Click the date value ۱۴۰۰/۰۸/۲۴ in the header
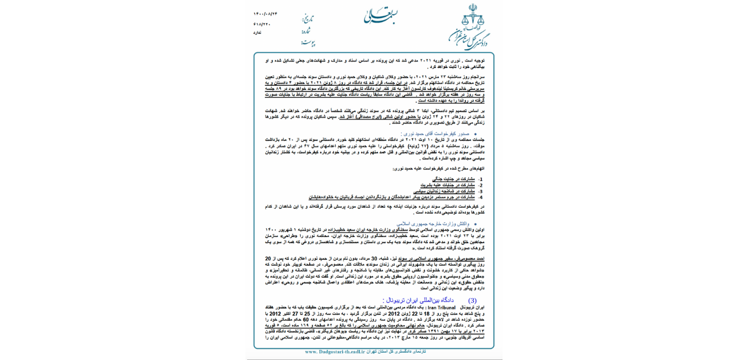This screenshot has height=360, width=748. pyautogui.click(x=265, y=14)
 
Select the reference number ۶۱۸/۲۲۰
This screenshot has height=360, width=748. pyautogui.click(x=262, y=24)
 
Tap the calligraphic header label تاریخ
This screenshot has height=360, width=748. pyautogui.click(x=308, y=19)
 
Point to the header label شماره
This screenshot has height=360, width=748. pyautogui.click(x=306, y=31)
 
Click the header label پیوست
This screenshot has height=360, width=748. pyautogui.click(x=308, y=43)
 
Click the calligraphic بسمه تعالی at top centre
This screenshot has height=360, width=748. pyautogui.click(x=376, y=16)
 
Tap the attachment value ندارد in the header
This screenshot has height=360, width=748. pyautogui.click(x=257, y=33)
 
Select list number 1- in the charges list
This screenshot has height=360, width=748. pyautogui.click(x=480, y=179)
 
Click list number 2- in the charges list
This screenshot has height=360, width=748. pyautogui.click(x=480, y=186)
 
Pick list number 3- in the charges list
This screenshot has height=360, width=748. pyautogui.click(x=480, y=191)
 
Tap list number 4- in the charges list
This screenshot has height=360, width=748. pyautogui.click(x=480, y=197)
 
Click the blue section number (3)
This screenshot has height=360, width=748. pyautogui.click(x=472, y=300)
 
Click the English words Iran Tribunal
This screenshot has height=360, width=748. pyautogui.click(x=442, y=307)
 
